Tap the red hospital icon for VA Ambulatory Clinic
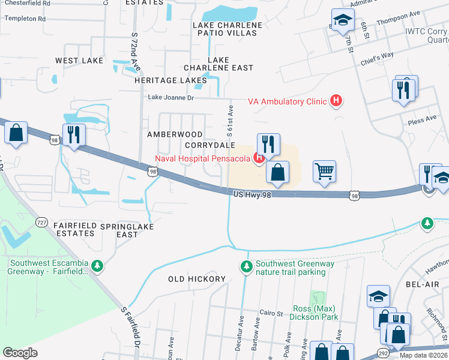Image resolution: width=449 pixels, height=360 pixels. tap(337, 101)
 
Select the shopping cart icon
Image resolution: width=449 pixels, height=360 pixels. tap(324, 172)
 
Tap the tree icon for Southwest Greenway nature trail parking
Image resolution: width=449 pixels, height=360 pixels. tap(246, 266)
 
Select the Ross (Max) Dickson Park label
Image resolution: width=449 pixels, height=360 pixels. tap(315, 313)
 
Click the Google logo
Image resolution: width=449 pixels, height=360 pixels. tap(20, 352)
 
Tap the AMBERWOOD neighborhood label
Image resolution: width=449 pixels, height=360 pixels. tap(175, 134)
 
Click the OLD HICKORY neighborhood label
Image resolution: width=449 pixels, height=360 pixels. tap(196, 279)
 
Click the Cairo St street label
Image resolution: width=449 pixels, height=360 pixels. tap(270, 313)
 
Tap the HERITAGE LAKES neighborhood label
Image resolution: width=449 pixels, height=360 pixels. tap(170, 80)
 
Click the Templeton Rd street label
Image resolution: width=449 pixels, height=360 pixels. tap(25, 19)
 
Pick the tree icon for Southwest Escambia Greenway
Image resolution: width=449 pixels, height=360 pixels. tap(97, 265)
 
